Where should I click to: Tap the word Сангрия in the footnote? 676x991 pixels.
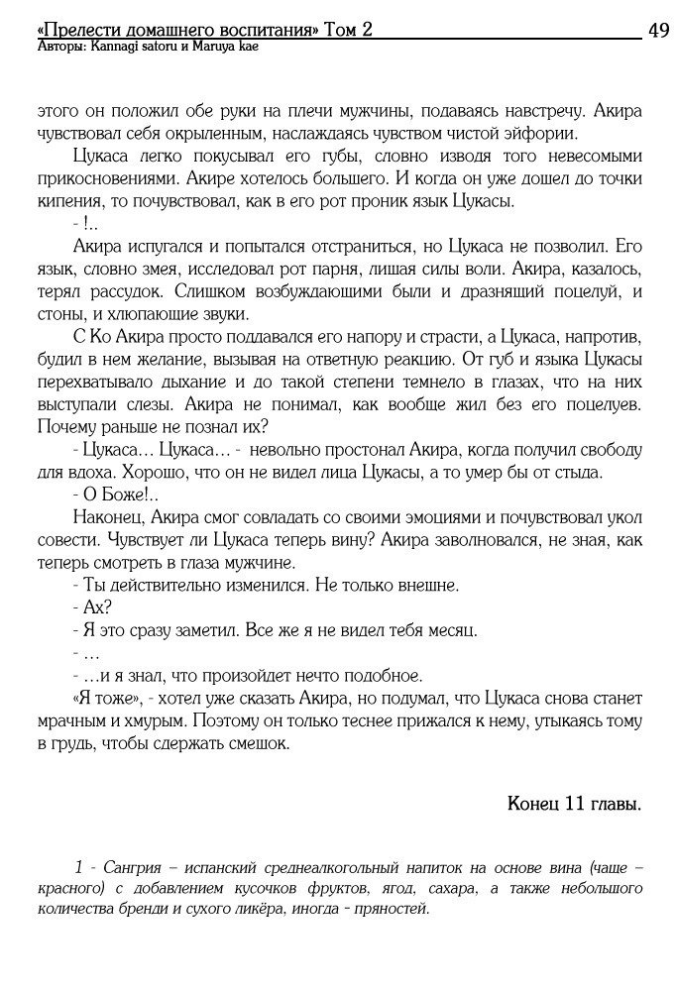point(122,867)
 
